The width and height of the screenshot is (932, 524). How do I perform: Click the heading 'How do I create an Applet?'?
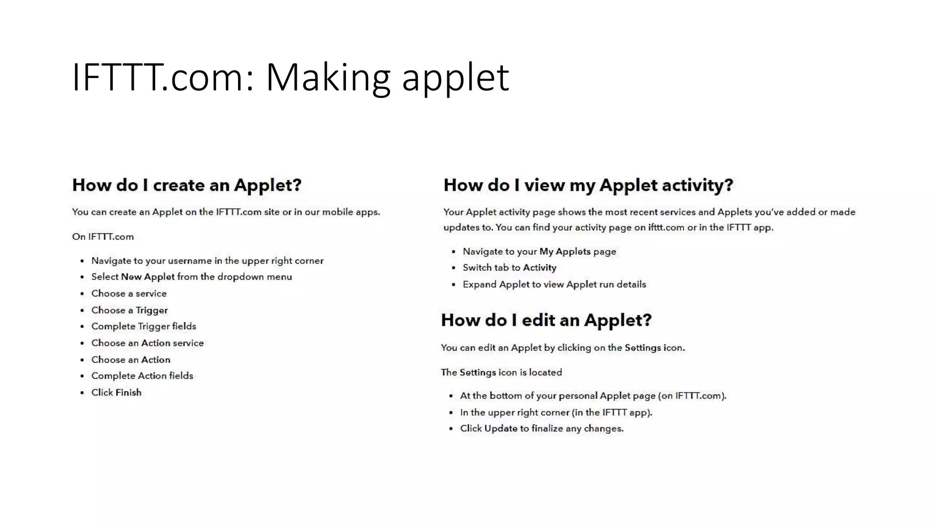(187, 185)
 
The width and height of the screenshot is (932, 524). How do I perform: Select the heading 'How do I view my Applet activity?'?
(588, 185)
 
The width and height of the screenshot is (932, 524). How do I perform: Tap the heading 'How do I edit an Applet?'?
(546, 320)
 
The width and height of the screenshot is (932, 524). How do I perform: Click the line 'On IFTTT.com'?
(103, 237)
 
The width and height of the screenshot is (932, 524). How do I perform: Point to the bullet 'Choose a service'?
(129, 293)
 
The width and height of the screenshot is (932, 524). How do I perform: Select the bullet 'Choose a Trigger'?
(129, 310)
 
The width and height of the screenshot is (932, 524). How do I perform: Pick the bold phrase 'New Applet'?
(147, 277)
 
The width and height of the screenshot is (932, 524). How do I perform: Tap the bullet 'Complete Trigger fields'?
(143, 326)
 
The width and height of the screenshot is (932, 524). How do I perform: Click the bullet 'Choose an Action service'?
(147, 343)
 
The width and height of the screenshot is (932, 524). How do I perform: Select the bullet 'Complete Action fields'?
(142, 376)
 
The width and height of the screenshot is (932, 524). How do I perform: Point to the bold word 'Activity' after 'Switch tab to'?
(539, 268)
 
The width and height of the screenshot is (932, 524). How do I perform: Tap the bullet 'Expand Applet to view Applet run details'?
(554, 284)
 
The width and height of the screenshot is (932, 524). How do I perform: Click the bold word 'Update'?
(501, 428)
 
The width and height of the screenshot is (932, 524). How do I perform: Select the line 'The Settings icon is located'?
(501, 373)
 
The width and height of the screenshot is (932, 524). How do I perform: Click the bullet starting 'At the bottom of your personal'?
(593, 396)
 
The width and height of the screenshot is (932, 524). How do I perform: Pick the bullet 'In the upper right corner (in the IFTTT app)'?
(556, 413)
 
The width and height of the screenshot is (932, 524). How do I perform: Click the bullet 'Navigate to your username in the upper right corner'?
(207, 261)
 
